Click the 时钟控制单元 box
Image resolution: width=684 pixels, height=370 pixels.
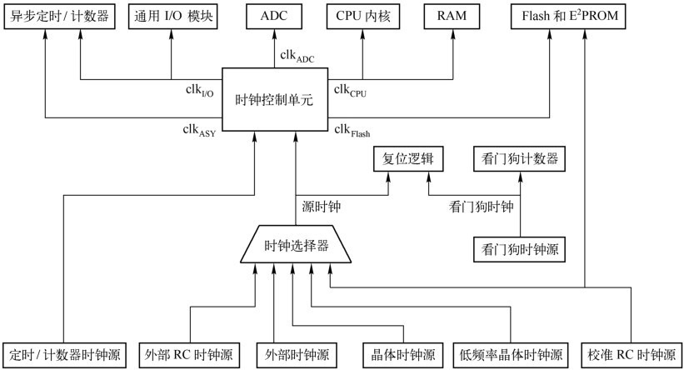(275, 99)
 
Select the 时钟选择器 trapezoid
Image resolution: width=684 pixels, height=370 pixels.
(296, 244)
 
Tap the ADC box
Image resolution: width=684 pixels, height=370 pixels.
(274, 17)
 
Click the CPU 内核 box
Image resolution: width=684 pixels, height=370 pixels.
(363, 17)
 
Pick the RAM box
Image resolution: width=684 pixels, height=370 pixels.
(452, 17)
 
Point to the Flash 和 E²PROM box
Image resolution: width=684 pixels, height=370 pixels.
(568, 17)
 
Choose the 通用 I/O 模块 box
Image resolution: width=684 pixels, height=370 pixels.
(172, 17)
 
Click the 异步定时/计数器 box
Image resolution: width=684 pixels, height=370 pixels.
(59, 17)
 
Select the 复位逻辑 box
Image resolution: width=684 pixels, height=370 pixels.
(408, 159)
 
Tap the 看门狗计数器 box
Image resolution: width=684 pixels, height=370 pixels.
(520, 159)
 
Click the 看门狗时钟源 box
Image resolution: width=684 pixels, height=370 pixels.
(520, 249)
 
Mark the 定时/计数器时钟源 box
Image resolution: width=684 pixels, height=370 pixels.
(64, 355)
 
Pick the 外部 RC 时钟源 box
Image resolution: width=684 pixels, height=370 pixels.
(189, 355)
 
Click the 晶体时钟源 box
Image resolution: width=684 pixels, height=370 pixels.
(403, 355)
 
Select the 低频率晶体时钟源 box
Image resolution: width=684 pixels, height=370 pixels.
(511, 355)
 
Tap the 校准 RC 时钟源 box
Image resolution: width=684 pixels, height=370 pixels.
(632, 355)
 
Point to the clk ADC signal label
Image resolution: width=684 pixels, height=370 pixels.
(297, 57)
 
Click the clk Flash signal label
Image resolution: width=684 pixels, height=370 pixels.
(352, 131)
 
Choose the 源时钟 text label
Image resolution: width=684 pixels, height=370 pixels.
(321, 207)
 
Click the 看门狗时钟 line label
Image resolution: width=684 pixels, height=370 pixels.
(482, 207)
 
